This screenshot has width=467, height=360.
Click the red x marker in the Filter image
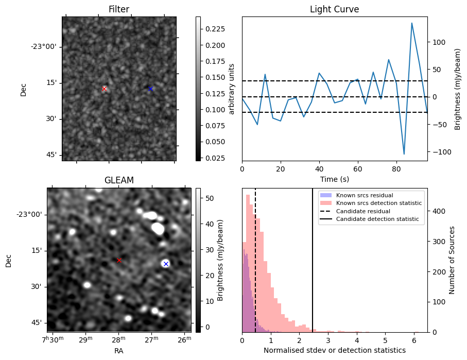click(x=104, y=89)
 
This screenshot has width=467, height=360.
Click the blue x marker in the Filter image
click(x=150, y=89)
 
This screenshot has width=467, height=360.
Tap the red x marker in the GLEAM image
click(x=119, y=261)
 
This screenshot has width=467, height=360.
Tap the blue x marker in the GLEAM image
click(x=166, y=264)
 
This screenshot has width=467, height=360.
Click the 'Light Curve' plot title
click(x=334, y=10)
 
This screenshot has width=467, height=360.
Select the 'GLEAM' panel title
click(x=119, y=180)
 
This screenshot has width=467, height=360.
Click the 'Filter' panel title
click(x=119, y=10)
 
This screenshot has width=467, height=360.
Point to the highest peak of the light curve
click(x=412, y=23)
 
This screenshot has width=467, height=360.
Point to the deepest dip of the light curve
click(x=404, y=154)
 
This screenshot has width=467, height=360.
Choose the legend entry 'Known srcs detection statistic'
click(x=378, y=203)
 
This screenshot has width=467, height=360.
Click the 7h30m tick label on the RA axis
click(x=51, y=341)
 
